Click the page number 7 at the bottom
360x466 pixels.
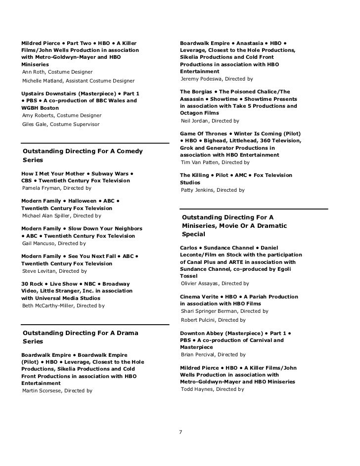[x=181, y=432]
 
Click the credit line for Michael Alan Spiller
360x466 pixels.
[x=62, y=216]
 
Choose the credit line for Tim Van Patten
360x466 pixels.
[x=215, y=162]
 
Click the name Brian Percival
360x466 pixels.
[x=199, y=354]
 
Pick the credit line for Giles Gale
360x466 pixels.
[x=61, y=124]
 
